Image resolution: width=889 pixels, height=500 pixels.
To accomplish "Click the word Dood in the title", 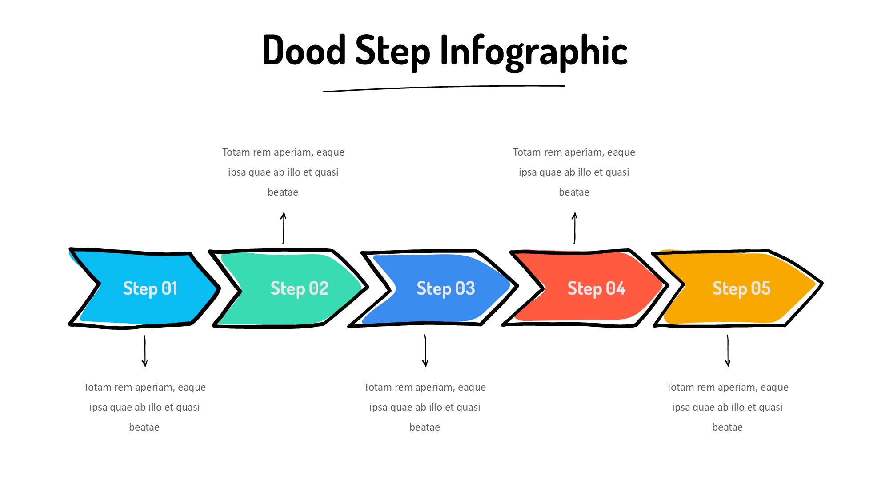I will [304, 50].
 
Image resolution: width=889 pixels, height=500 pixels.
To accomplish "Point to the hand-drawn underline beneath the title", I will [444, 88].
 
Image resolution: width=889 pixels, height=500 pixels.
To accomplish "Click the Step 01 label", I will [150, 288].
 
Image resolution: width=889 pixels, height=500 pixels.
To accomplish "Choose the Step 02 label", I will [300, 288].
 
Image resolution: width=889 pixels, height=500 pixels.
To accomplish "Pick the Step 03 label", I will [446, 288].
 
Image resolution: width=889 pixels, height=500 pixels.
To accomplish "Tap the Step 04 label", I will [597, 288].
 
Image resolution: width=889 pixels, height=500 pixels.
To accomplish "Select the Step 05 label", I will [741, 288].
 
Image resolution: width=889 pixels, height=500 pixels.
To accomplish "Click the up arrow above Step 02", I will [283, 228].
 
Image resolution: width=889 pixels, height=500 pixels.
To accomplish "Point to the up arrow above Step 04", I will [574, 228].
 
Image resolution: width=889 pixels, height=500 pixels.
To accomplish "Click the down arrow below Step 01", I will [145, 351].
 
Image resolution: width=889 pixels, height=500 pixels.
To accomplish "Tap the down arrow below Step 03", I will [425, 351].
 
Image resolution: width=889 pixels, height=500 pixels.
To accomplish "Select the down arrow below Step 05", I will [728, 351].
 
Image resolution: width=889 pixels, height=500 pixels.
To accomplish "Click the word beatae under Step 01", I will [144, 428].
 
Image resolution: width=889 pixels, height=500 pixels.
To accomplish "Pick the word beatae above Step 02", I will [283, 192].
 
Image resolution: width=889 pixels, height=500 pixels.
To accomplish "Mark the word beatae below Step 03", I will [425, 428].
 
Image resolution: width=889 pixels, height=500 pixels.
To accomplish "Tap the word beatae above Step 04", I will [574, 192].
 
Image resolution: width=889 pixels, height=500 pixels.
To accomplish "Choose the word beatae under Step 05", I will [728, 428].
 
